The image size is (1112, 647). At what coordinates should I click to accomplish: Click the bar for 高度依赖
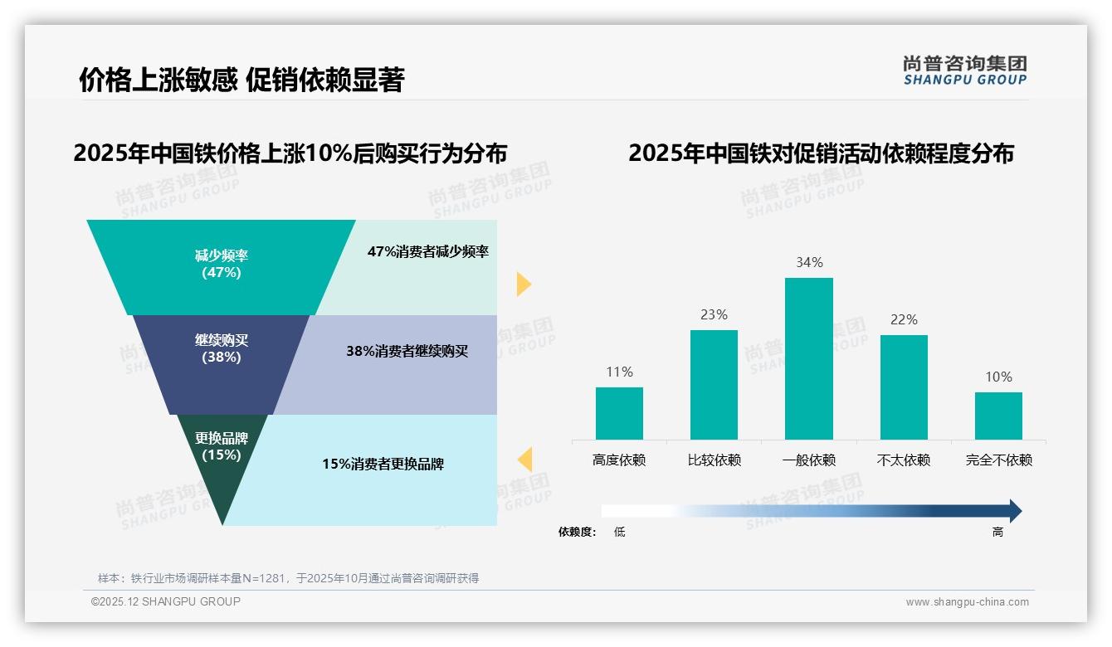click(619, 413)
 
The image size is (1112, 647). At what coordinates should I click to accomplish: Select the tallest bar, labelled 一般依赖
click(809, 358)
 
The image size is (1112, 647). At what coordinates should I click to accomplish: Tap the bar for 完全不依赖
click(998, 416)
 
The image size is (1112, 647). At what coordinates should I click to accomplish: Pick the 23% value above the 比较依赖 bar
click(714, 314)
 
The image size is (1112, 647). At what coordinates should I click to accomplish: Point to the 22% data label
click(904, 319)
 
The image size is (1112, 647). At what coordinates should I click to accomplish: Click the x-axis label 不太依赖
click(904, 460)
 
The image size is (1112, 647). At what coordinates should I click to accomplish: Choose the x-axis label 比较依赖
click(714, 460)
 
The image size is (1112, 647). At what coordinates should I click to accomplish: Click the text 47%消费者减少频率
click(428, 252)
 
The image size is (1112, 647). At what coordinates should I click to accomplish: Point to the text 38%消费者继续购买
click(407, 352)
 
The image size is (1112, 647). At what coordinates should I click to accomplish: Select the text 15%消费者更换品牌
click(383, 465)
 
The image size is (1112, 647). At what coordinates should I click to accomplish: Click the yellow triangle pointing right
click(523, 284)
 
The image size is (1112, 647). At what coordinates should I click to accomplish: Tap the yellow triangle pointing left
click(524, 460)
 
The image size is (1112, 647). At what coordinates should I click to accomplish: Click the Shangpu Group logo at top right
click(964, 71)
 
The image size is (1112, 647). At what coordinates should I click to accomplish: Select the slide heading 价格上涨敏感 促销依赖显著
click(241, 80)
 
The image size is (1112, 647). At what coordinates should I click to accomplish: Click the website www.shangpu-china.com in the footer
click(967, 602)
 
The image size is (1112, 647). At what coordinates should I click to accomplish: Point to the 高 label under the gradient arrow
click(997, 533)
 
